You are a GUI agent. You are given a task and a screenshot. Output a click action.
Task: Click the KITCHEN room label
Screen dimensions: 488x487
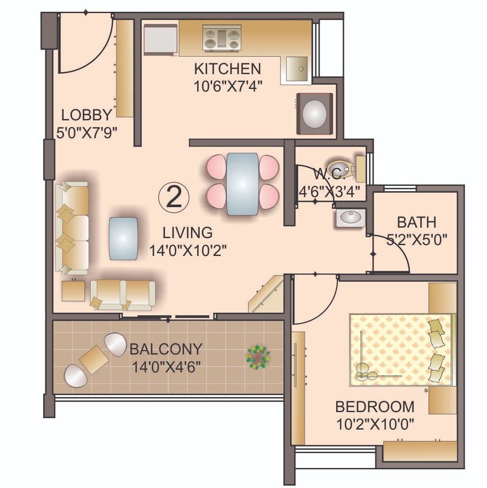(x=227, y=69)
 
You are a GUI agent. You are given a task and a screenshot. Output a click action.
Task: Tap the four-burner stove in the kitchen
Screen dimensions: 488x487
(x=222, y=38)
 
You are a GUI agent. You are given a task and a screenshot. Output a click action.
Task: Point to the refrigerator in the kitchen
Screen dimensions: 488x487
(x=160, y=39)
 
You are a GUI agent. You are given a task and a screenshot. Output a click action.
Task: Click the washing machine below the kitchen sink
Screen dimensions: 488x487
(x=315, y=114)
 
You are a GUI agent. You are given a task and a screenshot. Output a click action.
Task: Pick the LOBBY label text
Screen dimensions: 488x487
(x=87, y=115)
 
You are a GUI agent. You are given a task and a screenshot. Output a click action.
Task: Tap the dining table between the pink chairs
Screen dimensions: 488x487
(x=242, y=184)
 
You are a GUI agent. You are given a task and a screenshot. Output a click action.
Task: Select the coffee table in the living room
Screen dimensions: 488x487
(x=124, y=239)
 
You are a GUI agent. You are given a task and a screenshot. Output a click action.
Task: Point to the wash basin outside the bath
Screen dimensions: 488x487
(x=351, y=218)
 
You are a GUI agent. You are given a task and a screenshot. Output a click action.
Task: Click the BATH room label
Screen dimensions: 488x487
(x=416, y=222)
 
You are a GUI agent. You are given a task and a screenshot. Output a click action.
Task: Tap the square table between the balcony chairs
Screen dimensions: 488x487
(x=94, y=359)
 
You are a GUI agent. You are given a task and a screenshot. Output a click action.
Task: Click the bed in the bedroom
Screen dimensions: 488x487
(x=401, y=349)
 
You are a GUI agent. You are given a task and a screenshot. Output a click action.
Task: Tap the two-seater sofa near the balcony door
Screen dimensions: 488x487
(x=123, y=295)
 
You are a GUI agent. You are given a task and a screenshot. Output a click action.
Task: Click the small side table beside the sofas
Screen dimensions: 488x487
(x=73, y=291)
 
